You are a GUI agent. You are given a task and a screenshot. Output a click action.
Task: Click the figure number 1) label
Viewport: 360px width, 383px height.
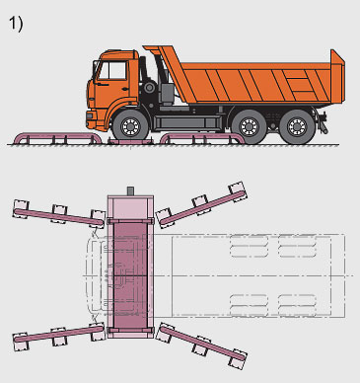coord(16,24)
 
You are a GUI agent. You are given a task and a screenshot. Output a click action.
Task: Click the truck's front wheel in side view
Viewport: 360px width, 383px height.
coord(130,125)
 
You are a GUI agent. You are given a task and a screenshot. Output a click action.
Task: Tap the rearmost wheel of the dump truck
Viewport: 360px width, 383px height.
coord(297,127)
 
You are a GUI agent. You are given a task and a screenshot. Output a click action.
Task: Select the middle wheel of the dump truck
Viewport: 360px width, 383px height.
coord(249,127)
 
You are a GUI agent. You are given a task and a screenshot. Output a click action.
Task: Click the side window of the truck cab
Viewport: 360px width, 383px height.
coord(112,70)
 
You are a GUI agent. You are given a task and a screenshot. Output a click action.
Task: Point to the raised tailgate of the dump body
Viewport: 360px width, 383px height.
coord(337,77)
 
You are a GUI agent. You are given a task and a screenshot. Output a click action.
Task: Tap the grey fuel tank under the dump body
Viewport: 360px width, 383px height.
coord(187,122)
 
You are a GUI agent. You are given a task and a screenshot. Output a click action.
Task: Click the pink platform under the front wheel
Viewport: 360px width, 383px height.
coord(130,142)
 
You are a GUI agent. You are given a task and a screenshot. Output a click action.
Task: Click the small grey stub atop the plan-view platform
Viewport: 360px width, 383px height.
coord(130,191)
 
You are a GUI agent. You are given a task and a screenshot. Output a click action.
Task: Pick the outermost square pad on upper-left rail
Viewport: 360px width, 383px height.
coord(21,208)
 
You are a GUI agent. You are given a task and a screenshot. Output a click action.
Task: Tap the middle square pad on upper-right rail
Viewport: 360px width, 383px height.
coord(200,204)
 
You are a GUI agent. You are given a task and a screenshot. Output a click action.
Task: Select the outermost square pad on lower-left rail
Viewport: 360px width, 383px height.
coord(21,342)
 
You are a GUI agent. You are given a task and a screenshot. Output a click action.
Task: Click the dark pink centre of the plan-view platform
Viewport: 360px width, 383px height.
coord(130,274)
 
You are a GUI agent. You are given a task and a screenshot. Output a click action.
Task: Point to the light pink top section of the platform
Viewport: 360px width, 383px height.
coord(130,207)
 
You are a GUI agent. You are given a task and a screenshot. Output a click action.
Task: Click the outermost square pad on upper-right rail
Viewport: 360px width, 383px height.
coord(238,191)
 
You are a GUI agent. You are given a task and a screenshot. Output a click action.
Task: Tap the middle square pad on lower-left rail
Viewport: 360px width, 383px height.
coord(59,337)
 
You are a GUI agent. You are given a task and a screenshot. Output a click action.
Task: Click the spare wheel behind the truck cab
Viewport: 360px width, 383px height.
coord(150,88)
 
